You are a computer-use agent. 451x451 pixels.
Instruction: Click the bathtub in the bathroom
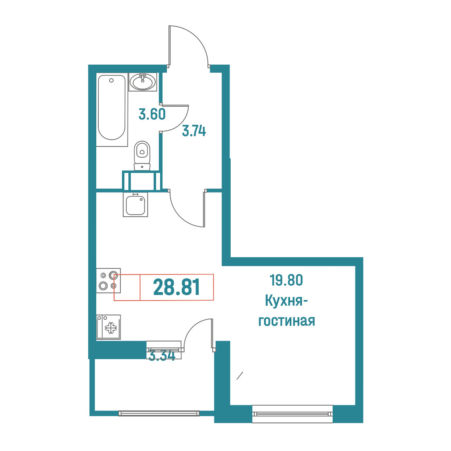click(x=112, y=110)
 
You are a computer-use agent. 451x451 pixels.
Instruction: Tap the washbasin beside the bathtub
click(x=143, y=82)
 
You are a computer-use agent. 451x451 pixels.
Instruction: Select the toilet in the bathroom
click(x=142, y=156)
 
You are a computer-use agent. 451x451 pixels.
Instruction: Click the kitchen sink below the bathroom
click(x=136, y=205)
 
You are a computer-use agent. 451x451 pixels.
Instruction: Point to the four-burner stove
click(x=108, y=281)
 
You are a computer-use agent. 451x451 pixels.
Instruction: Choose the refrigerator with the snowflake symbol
click(x=108, y=327)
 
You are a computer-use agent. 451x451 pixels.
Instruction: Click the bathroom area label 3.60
click(x=152, y=114)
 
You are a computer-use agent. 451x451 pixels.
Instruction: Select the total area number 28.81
click(x=177, y=287)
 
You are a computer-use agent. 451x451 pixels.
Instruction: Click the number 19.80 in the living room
click(x=286, y=280)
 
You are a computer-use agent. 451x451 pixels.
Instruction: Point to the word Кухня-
click(x=286, y=301)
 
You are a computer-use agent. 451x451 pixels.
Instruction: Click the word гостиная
click(x=286, y=321)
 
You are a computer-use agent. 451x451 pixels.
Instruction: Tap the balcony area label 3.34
click(x=162, y=356)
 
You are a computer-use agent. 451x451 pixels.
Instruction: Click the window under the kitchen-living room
click(x=293, y=414)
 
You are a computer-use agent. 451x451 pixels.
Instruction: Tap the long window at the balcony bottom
click(x=159, y=413)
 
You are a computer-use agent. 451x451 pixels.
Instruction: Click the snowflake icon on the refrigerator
click(x=111, y=328)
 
